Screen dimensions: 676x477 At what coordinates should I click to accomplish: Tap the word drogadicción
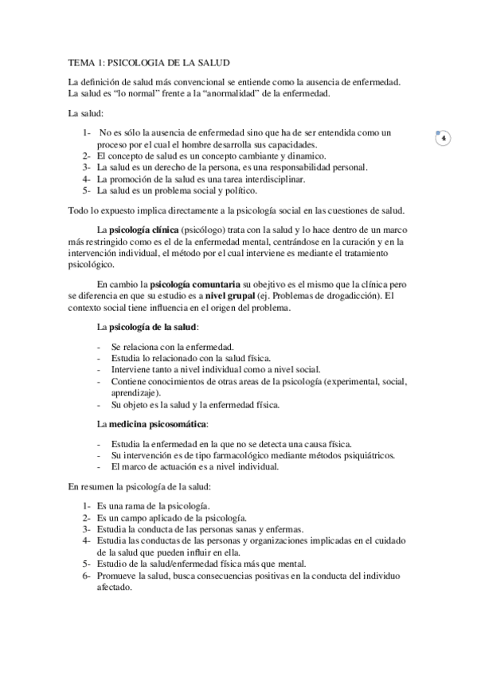click(x=323, y=296)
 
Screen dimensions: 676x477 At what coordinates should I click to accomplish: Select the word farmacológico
click(x=211, y=455)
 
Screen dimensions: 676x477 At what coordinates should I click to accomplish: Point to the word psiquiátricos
click(x=342, y=455)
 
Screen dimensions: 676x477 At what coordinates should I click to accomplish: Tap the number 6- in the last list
click(x=87, y=575)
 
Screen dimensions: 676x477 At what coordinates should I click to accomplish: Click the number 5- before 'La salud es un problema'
click(x=87, y=191)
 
